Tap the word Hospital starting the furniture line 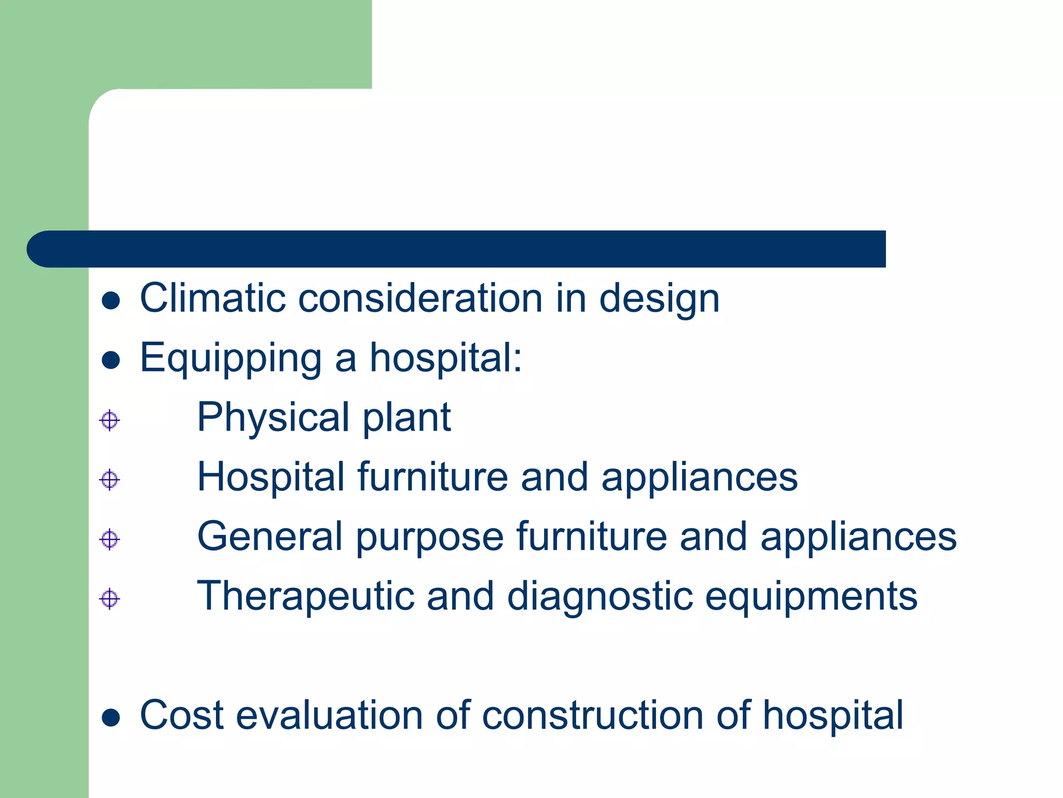[270, 477]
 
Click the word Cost [182, 715]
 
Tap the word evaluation [330, 715]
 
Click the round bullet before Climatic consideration [111, 300]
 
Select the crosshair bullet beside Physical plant [110, 420]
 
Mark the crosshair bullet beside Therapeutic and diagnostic [110, 599]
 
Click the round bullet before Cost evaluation [111, 718]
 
